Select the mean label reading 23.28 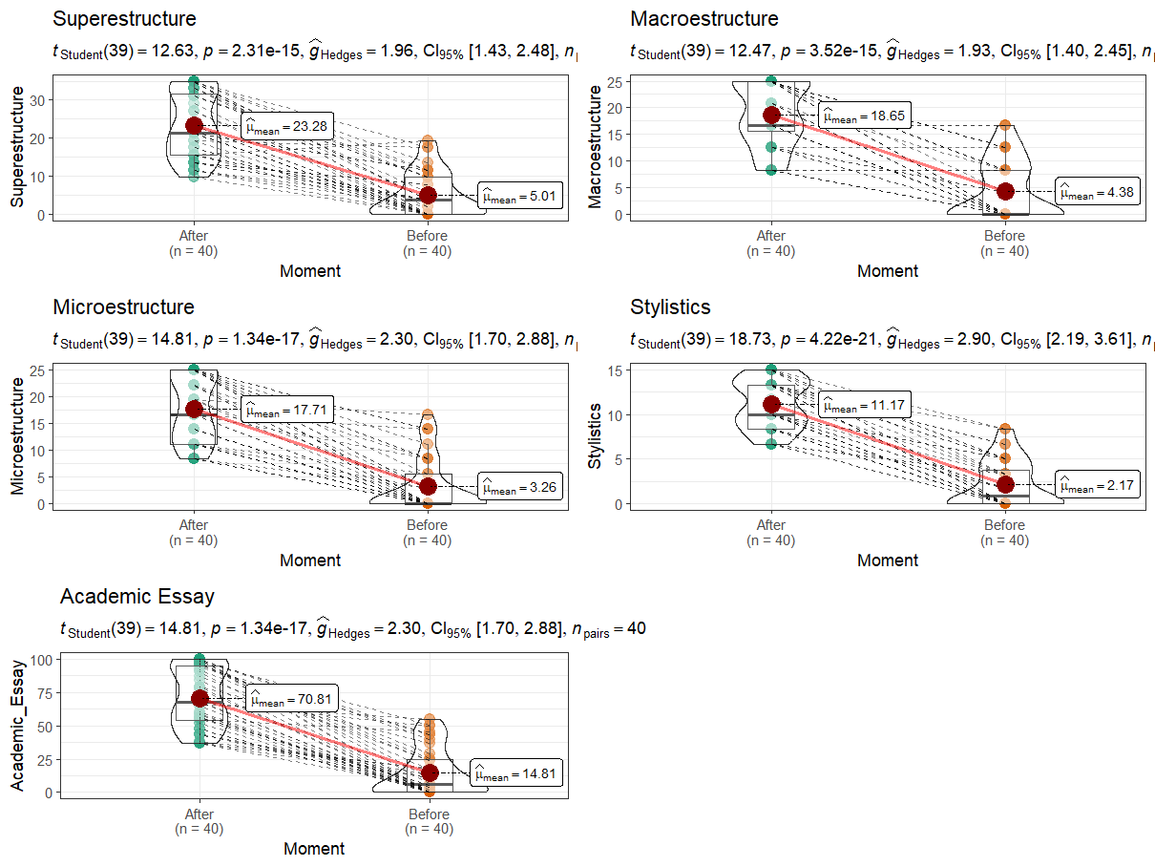[x=286, y=124]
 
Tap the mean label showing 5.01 [x=520, y=196]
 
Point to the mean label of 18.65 [x=865, y=115]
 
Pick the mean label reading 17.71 [x=286, y=411]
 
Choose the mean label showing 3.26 [x=520, y=487]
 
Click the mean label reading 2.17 [x=1098, y=485]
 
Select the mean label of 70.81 [x=291, y=699]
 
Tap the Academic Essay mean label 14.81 [x=516, y=773]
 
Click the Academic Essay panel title [x=136, y=597]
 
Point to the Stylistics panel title [x=670, y=307]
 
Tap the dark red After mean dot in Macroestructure [x=771, y=115]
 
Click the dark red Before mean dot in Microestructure [x=428, y=486]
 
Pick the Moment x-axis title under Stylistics [x=888, y=560]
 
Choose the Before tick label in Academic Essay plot [x=429, y=815]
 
